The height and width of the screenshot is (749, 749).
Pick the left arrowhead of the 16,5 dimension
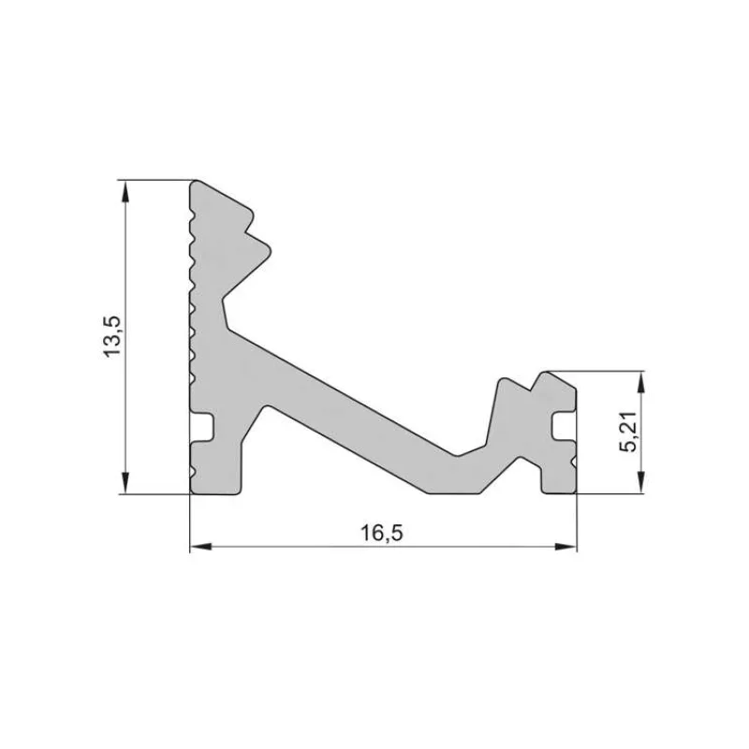199,546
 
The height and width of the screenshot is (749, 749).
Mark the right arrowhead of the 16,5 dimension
566,546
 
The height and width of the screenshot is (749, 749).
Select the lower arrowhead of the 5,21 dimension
640,484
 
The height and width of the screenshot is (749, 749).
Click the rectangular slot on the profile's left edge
204,427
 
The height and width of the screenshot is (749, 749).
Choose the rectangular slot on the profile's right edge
564,427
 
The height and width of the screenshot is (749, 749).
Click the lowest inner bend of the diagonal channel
459,455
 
